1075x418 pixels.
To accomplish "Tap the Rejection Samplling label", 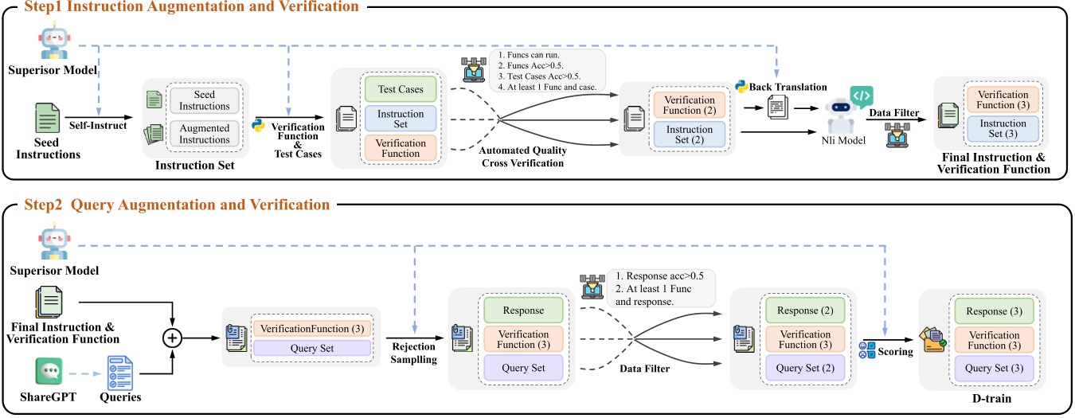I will coord(415,352).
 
